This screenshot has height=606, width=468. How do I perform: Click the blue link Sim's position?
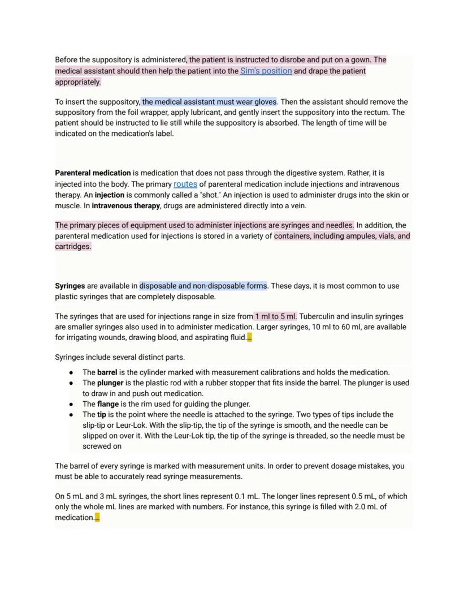coord(266,71)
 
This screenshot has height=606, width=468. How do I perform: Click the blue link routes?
coord(185,184)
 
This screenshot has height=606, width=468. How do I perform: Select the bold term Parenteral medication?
coord(93,173)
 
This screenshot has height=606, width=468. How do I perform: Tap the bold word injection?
coord(110,195)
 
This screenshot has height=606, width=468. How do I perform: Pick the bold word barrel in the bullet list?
coord(107,373)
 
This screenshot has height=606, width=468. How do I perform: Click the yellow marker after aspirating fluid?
coord(250,338)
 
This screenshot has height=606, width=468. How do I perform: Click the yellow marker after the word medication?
coord(97,518)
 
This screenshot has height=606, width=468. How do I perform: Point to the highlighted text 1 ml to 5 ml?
coord(275,317)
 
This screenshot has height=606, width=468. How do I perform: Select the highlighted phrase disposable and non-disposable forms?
coord(203,286)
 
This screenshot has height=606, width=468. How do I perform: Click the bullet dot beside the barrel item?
coord(71,373)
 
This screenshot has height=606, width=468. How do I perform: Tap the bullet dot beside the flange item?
coord(71,405)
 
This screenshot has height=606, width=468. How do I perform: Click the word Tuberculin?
coord(318,317)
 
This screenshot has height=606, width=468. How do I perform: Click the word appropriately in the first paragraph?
coord(77,82)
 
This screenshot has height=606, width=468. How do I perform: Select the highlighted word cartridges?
coord(73,247)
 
